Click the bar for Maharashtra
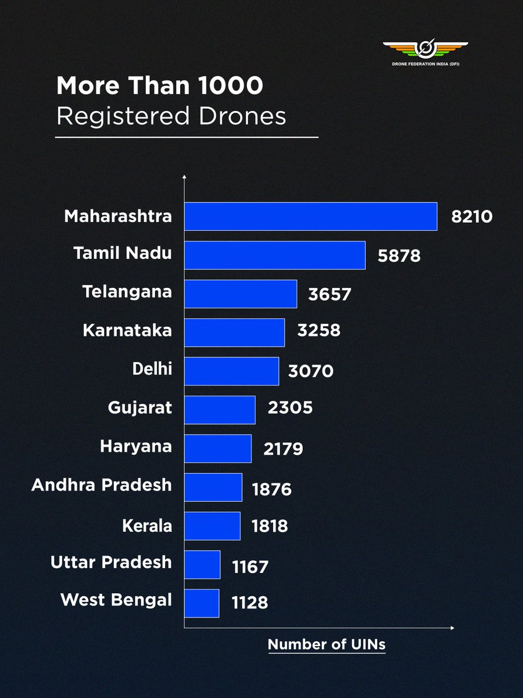[x=310, y=216]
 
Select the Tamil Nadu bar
[x=275, y=255]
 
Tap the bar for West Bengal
[x=202, y=603]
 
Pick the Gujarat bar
[x=220, y=410]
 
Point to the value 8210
[x=471, y=217]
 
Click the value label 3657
[x=329, y=294]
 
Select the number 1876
[x=271, y=489]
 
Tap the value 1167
[x=250, y=566]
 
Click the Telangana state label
[x=127, y=291]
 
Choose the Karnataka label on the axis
[x=127, y=330]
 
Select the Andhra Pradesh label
[x=102, y=485]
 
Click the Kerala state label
[x=147, y=526]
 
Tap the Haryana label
[x=136, y=446]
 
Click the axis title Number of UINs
[x=326, y=644]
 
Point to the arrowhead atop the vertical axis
[x=184, y=176]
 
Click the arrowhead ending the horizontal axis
[x=452, y=628]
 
